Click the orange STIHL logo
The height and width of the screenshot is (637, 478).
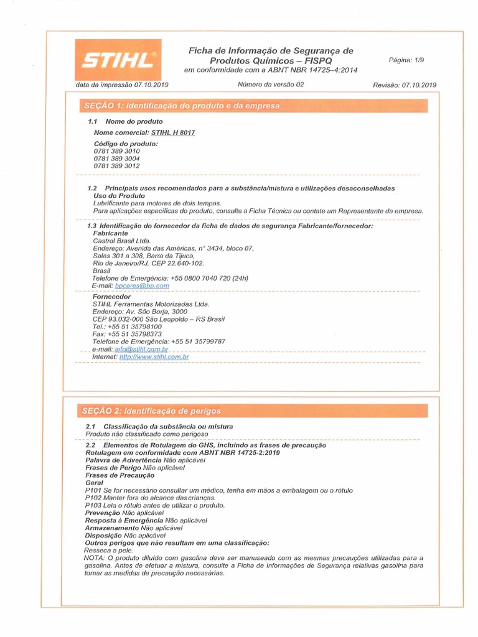(x=118, y=60)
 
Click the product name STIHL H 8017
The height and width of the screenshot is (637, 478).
(x=173, y=133)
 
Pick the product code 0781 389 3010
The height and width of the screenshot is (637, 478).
(x=117, y=151)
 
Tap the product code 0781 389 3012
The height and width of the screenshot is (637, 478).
(x=117, y=166)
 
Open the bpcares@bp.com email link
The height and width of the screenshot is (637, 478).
(x=143, y=286)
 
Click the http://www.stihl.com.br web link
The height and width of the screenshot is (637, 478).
(x=154, y=357)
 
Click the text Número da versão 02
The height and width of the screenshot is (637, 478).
(x=270, y=85)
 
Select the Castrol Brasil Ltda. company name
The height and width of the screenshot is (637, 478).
(x=121, y=240)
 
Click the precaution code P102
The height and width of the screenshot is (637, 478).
(x=93, y=498)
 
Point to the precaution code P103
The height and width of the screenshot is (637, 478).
(x=93, y=505)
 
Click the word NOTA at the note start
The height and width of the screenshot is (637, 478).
(x=94, y=558)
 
